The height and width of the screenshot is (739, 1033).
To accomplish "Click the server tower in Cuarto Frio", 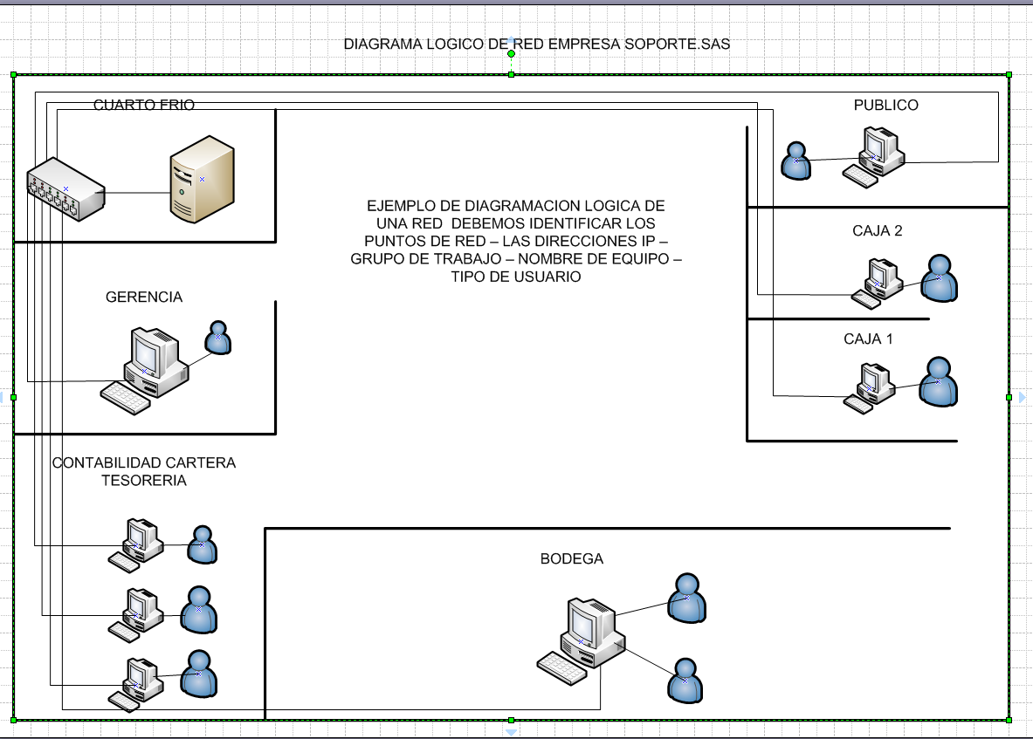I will pyautogui.click(x=203, y=178).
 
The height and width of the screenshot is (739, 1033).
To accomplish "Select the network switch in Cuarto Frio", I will pyautogui.click(x=65, y=188).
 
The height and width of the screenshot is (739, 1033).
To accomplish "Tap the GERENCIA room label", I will pyautogui.click(x=144, y=298).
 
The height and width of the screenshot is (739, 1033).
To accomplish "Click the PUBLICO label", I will pyautogui.click(x=885, y=106).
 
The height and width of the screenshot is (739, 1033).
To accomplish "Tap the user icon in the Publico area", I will pyautogui.click(x=796, y=161).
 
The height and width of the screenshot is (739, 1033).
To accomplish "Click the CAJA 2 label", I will pyautogui.click(x=878, y=231).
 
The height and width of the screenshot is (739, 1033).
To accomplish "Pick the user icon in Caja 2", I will pyautogui.click(x=940, y=279).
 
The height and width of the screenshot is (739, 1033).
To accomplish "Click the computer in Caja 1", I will pyautogui.click(x=870, y=388).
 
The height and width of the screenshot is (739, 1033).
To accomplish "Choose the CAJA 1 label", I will pyautogui.click(x=868, y=339).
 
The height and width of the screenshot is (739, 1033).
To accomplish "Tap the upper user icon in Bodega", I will pyautogui.click(x=686, y=599).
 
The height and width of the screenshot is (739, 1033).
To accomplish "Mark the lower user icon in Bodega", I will pyautogui.click(x=685, y=681).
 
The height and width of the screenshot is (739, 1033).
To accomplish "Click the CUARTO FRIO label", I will pyautogui.click(x=144, y=106).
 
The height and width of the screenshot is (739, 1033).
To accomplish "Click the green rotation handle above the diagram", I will pyautogui.click(x=512, y=54).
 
